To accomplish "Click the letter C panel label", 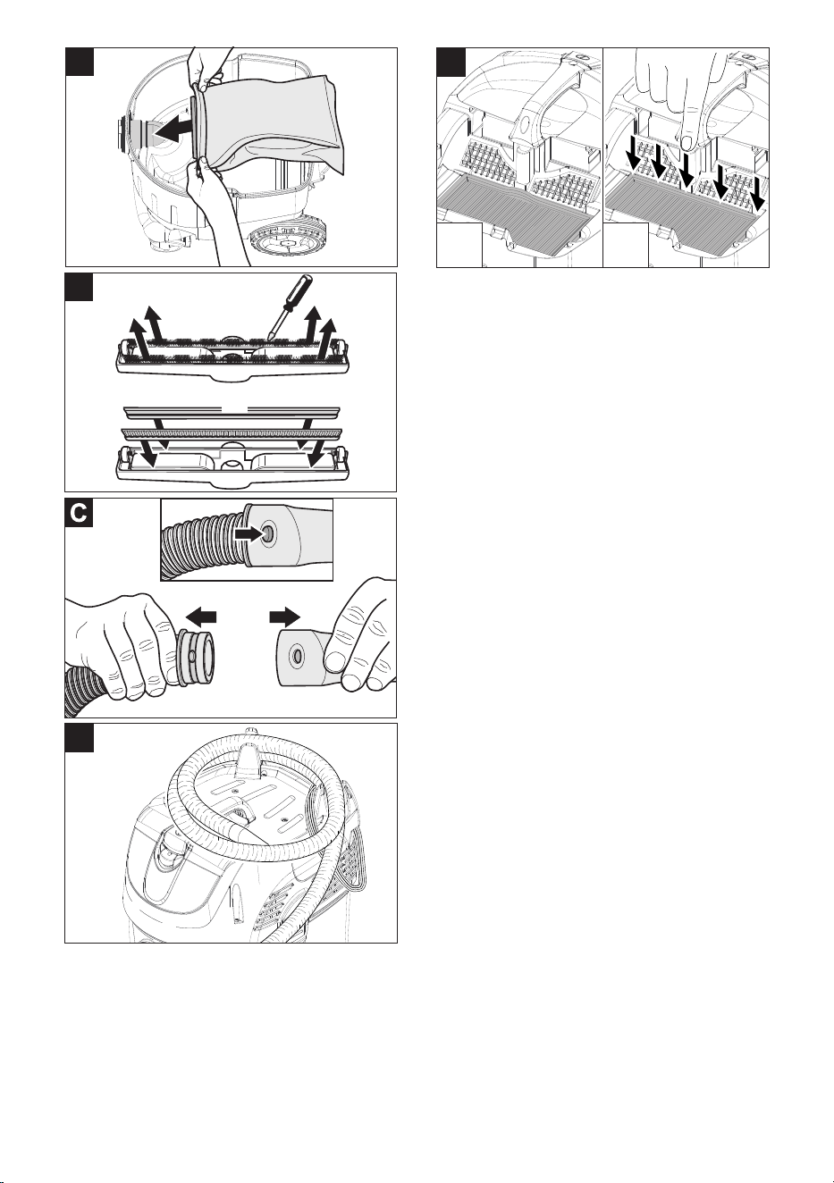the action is (x=80, y=513).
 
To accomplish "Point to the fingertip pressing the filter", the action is (x=688, y=142).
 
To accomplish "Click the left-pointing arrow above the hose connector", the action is (x=201, y=617).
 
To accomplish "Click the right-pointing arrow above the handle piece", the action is (x=285, y=617).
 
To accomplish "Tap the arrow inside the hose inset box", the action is (x=249, y=534).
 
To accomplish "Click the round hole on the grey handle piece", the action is (x=297, y=656).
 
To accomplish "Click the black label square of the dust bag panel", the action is (x=80, y=62).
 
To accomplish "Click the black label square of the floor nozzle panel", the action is (x=79, y=288).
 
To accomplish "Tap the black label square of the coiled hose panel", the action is (x=80, y=738).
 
